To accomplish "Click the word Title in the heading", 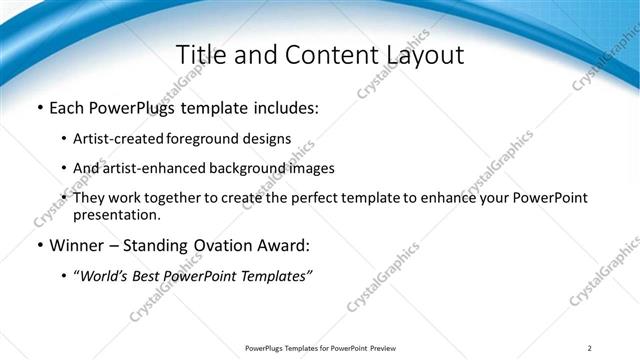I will pos(201,54).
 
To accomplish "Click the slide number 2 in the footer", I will pos(590,348).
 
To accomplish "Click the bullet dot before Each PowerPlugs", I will pos(39,107).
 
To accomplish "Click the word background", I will pos(244,168).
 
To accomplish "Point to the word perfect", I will pos(297,198).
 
